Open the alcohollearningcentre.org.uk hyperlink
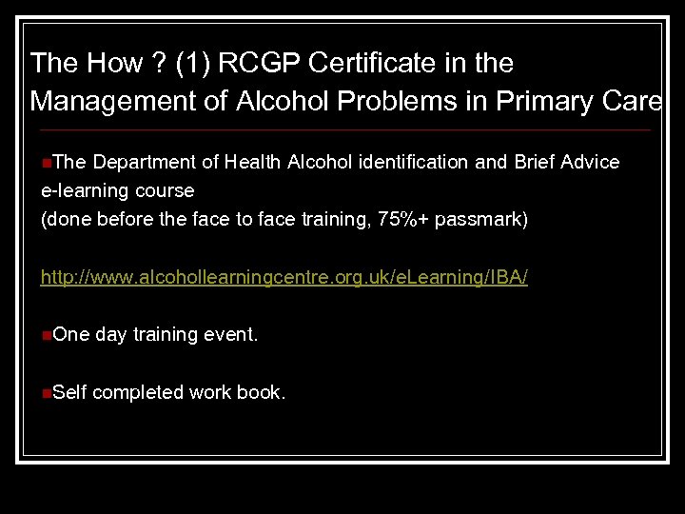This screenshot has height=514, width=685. pyautogui.click(x=284, y=278)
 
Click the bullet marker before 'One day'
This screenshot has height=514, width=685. pyautogui.click(x=47, y=335)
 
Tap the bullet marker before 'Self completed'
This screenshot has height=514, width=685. pyautogui.click(x=47, y=392)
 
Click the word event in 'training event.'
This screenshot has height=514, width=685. pyautogui.click(x=230, y=334)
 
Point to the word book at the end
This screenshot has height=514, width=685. pyautogui.click(x=260, y=392)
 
